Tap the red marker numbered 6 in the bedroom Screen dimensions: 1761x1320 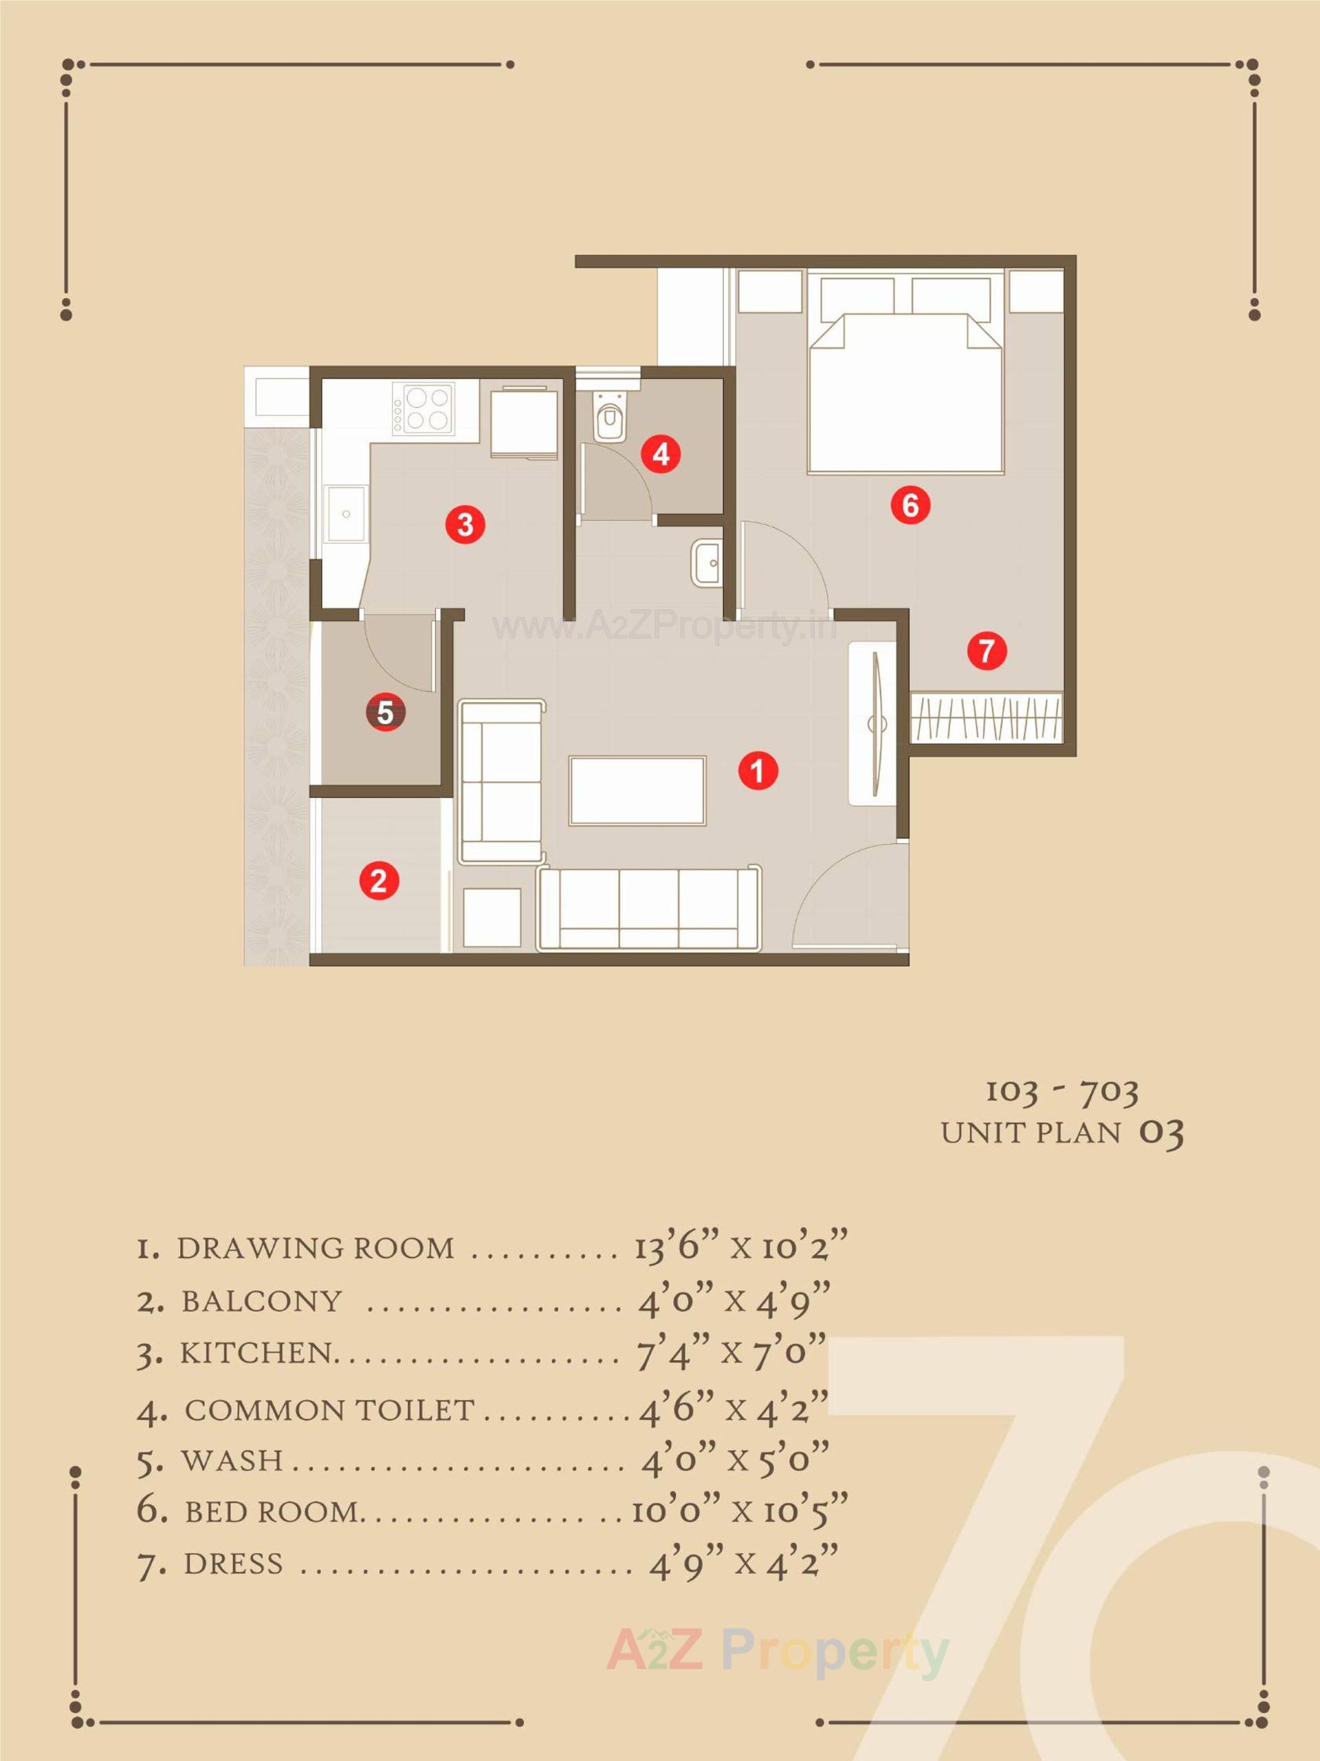click(910, 505)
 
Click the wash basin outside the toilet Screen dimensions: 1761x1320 click(707, 563)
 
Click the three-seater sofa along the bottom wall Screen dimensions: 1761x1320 click(649, 908)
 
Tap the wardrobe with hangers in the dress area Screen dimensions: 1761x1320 click(987, 716)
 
